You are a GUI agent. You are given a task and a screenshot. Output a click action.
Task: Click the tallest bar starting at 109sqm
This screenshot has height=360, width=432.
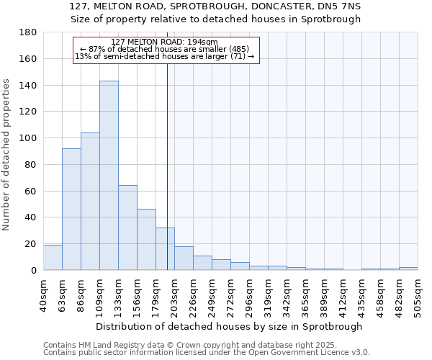point(109,176)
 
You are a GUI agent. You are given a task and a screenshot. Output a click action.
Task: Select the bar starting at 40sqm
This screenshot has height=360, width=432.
point(53,258)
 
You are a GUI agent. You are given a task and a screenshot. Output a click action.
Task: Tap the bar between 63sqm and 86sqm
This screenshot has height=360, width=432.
point(71,210)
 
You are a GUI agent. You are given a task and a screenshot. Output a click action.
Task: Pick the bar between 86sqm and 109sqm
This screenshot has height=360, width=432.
point(90,202)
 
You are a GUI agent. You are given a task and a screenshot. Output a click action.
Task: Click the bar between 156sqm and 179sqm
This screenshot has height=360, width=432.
point(146,240)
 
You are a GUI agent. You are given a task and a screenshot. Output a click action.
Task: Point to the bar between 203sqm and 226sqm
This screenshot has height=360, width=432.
point(184,258)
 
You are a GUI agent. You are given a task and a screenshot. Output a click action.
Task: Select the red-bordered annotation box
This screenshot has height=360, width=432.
point(166,50)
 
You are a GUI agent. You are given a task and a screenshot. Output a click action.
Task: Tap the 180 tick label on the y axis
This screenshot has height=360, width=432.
point(29,32)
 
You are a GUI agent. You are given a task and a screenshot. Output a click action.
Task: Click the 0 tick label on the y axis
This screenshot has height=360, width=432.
point(34,270)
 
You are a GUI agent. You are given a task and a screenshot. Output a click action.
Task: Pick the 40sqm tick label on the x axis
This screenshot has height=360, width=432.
point(44,291)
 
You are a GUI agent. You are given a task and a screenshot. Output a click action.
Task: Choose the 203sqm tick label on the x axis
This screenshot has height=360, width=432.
point(175,293)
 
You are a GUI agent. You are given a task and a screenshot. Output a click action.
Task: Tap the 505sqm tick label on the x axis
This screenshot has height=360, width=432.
point(418,293)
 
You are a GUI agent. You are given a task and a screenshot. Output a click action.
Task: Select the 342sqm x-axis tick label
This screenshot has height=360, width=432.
point(287,293)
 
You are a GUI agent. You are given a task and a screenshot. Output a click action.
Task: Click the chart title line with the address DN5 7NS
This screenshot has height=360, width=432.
point(215,6)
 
